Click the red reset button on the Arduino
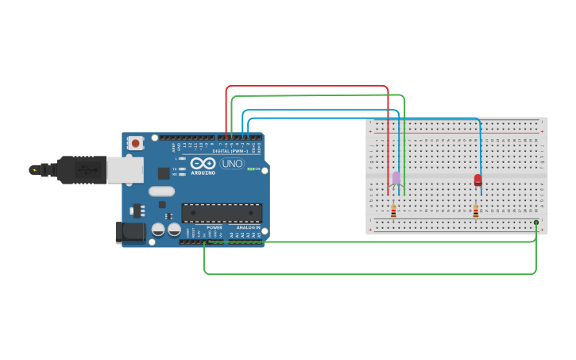click(x=136, y=144)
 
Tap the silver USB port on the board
click(x=125, y=169)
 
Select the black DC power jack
click(x=130, y=232)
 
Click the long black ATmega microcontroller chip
click(x=222, y=213)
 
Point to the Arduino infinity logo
click(x=203, y=163)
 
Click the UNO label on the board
click(x=232, y=164)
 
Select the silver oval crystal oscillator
click(x=160, y=191)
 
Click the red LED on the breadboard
click(x=477, y=180)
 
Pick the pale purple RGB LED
click(x=396, y=178)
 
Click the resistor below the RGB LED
click(x=393, y=211)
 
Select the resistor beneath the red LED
click(x=476, y=211)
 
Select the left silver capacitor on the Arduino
click(x=158, y=230)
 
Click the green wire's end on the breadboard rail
click(x=536, y=223)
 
